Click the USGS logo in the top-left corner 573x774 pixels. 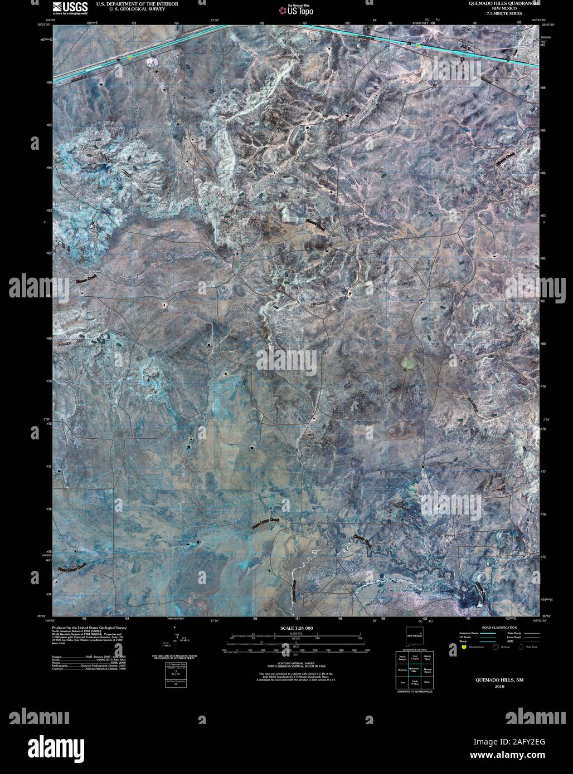(x=69, y=7)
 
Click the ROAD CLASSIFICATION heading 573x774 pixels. (x=488, y=628)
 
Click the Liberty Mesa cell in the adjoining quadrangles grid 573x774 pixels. (x=428, y=658)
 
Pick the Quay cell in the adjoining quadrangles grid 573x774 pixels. (x=428, y=681)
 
